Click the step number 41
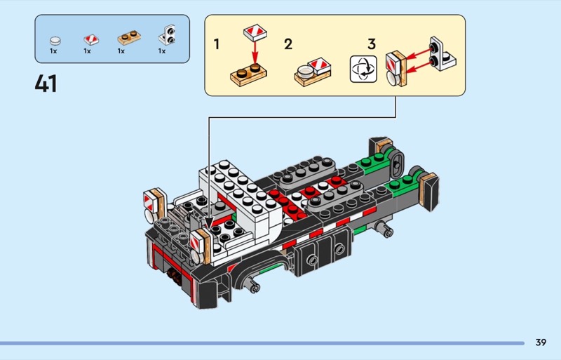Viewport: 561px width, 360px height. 46,84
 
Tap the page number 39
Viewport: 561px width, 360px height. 541,342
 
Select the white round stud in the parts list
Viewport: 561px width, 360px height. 55,41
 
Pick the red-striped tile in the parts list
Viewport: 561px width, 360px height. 91,39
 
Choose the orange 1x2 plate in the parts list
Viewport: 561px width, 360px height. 129,38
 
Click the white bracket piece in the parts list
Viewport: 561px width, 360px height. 167,35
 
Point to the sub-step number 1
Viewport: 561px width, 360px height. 217,44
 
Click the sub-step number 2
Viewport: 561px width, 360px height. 288,44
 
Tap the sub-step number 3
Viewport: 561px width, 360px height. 372,44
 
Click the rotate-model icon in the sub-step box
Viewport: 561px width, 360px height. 363,69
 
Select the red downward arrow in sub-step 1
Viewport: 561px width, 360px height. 255,53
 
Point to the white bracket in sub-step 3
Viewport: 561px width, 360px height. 442,55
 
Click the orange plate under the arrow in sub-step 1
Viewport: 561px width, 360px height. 248,74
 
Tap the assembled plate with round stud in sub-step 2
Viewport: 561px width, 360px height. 313,72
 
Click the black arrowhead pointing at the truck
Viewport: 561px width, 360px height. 208,222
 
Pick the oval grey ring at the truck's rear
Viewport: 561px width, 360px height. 397,164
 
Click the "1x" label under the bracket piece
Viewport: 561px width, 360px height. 162,51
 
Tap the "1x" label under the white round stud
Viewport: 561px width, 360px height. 54,51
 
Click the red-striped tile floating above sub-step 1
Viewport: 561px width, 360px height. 255,32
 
